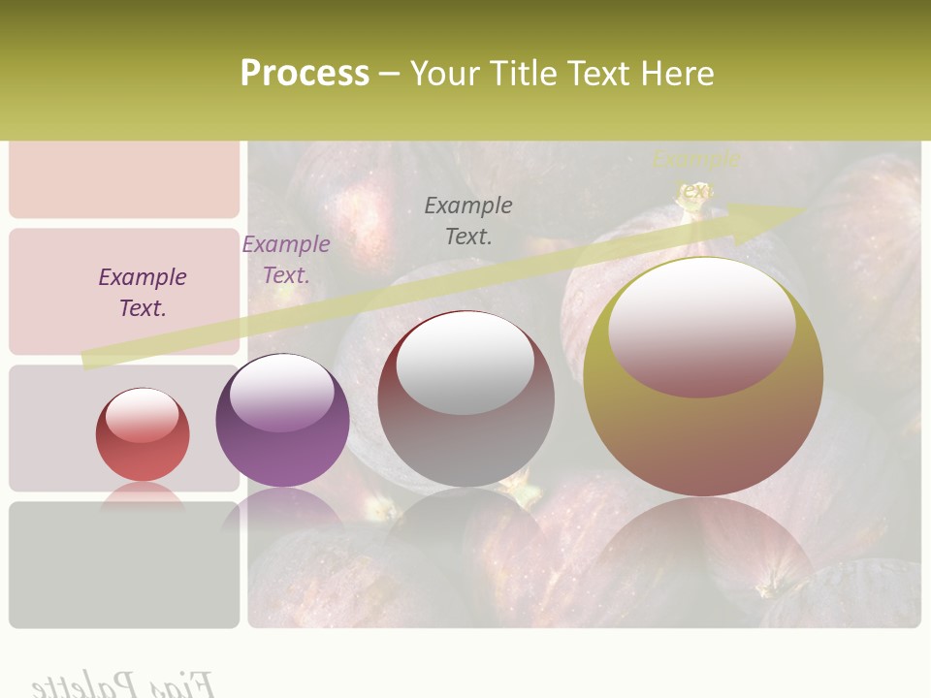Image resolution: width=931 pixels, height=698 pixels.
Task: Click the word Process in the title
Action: (305, 73)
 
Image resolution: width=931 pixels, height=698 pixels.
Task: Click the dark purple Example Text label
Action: (143, 292)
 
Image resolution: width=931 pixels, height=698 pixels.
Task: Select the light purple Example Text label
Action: (286, 259)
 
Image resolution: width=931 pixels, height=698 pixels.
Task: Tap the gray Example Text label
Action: (468, 220)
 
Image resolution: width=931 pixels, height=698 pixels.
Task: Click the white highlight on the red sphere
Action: (143, 414)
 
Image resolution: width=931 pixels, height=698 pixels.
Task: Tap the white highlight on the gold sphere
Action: (701, 325)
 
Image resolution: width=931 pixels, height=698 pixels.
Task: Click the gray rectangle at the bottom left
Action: (124, 564)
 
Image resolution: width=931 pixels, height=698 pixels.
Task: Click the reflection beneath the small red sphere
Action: (143, 495)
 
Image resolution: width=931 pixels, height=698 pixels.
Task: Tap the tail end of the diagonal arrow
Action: (92, 360)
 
